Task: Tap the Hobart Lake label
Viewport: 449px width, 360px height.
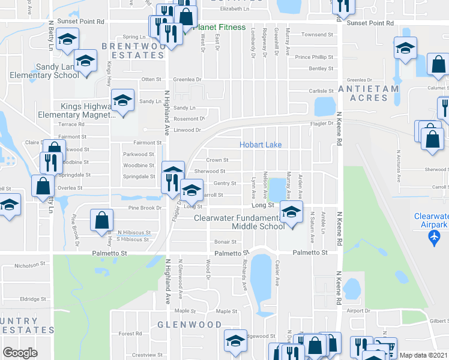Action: [x=261, y=145]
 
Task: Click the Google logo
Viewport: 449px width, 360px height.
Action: [x=20, y=352]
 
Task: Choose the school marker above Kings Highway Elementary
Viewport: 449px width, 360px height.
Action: [x=122, y=100]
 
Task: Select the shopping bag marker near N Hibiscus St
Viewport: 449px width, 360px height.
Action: [x=101, y=220]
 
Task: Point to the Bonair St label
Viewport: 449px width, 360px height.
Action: [x=221, y=242]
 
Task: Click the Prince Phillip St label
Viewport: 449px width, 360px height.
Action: [x=314, y=57]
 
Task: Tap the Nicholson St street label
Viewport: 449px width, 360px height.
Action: [x=30, y=264]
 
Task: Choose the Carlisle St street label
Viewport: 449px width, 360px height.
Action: [x=321, y=91]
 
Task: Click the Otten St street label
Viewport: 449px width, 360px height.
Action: [x=151, y=79]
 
